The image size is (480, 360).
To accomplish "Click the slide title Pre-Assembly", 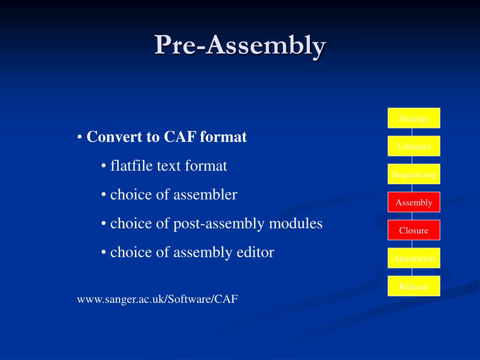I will click(240, 45).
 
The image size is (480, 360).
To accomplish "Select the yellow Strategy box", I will click(413, 118).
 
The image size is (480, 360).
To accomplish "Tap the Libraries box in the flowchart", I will click(413, 146).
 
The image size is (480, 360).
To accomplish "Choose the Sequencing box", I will click(413, 174).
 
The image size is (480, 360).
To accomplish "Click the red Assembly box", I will click(413, 202).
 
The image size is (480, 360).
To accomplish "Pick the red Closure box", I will click(413, 230).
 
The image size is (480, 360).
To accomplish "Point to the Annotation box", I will click(413, 258).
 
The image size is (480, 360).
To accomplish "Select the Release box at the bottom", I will click(413, 286).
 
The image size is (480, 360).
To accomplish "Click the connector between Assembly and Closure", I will click(412, 216).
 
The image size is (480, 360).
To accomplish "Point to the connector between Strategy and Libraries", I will click(412, 132).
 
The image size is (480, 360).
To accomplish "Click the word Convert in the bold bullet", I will click(110, 137).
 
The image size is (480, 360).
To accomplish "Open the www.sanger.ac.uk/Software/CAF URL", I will click(157, 299).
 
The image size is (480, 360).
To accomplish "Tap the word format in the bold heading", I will click(223, 137).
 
